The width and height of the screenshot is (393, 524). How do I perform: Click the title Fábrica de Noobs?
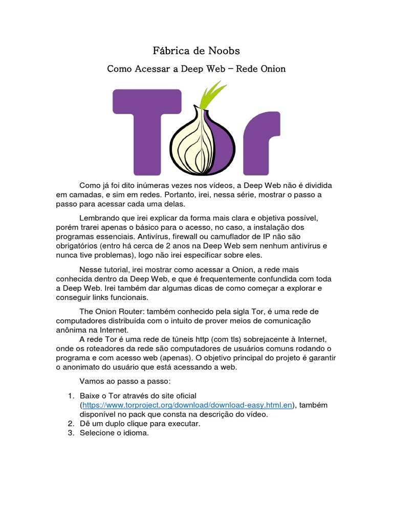(x=196, y=51)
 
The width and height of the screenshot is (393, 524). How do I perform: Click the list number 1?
(x=71, y=396)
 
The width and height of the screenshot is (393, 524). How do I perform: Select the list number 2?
(x=71, y=424)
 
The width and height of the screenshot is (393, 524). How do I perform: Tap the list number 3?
(x=71, y=433)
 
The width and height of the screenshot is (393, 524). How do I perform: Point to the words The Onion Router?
(x=112, y=311)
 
